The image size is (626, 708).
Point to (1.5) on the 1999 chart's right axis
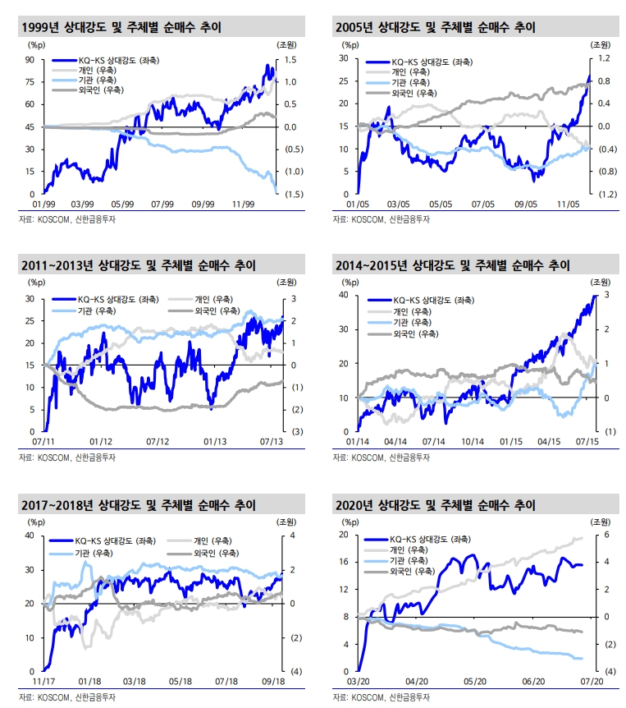pyautogui.click(x=292, y=194)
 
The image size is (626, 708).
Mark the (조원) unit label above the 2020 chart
pyautogui.click(x=600, y=521)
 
